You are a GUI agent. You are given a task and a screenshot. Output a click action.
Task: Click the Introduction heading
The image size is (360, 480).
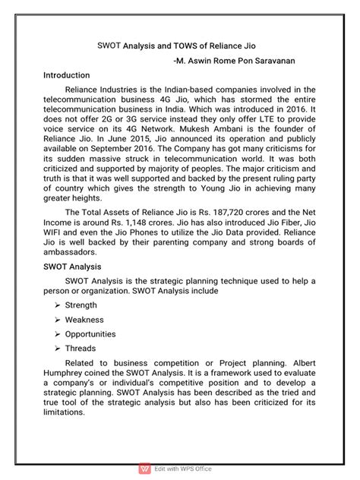[67, 76]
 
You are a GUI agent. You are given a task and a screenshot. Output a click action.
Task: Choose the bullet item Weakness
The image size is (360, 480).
[84, 320]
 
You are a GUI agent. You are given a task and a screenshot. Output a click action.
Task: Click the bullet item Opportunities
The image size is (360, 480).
[90, 334]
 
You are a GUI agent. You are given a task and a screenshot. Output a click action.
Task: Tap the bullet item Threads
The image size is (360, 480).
[81, 349]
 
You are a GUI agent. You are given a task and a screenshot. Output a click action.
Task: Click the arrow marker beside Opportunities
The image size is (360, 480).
[58, 334]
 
